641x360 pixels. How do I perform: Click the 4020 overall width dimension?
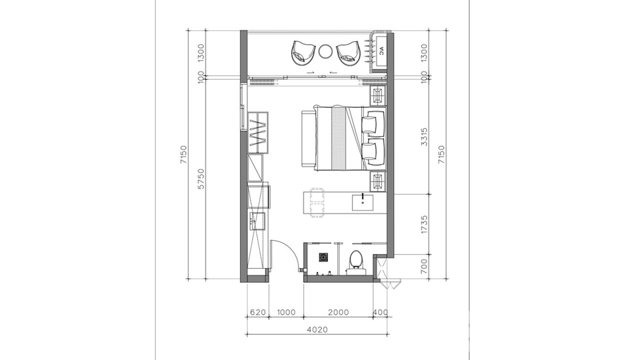coord(317,330)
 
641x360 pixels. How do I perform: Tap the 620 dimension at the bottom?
coord(258,312)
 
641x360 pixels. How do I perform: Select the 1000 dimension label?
coord(286,312)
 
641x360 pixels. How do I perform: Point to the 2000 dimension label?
coord(338,312)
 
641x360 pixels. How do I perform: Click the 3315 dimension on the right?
coord(424,137)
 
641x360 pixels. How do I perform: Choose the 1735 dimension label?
coord(424,224)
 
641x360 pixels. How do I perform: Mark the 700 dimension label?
coord(424,266)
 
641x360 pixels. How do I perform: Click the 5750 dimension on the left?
coord(202,179)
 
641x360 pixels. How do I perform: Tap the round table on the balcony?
coord(325,52)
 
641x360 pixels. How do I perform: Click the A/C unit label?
coord(381,52)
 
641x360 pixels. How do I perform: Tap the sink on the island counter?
coord(363,202)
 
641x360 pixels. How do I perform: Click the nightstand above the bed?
coord(378,95)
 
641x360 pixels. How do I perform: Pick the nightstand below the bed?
coord(378,181)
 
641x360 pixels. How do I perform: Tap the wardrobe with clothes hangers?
coord(58,133)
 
